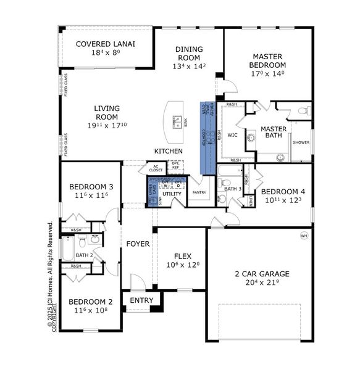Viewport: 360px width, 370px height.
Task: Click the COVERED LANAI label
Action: coord(106,44)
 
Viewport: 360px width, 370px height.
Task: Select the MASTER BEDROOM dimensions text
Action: coord(267,73)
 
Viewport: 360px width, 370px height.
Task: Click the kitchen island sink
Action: coord(177,120)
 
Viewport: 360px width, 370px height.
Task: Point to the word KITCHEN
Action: coord(168,151)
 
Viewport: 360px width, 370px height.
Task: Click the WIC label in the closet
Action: coord(232,134)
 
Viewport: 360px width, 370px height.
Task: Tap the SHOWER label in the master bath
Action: coord(301,142)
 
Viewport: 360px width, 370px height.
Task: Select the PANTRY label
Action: coord(199,192)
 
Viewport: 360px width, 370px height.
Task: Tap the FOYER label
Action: coord(138,244)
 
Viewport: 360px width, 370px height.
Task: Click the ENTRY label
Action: coord(141,300)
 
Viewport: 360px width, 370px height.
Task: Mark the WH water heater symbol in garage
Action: coord(303,236)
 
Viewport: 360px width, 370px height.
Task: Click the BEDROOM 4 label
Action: coord(285,191)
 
